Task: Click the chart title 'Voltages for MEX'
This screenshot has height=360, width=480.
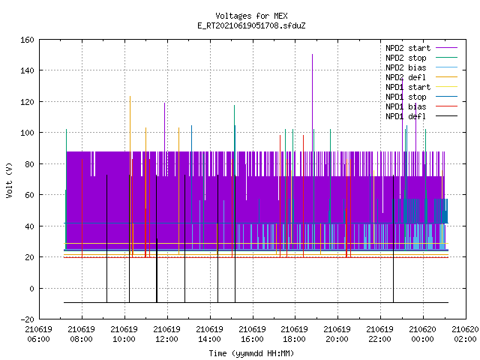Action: point(251,16)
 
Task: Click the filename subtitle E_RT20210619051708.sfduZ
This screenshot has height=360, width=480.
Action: point(251,25)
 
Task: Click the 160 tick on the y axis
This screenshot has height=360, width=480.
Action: point(27,40)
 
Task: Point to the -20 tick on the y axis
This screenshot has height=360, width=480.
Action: point(27,319)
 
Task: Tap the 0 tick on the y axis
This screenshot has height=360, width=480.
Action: point(31,288)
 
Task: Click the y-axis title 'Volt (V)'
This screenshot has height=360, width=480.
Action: point(9,180)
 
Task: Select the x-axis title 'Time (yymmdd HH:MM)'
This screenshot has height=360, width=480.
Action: point(251,353)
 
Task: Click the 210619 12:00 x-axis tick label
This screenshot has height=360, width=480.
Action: point(166,334)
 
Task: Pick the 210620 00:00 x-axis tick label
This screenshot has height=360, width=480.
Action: point(422,334)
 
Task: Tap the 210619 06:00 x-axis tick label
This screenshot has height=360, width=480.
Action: point(38,334)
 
